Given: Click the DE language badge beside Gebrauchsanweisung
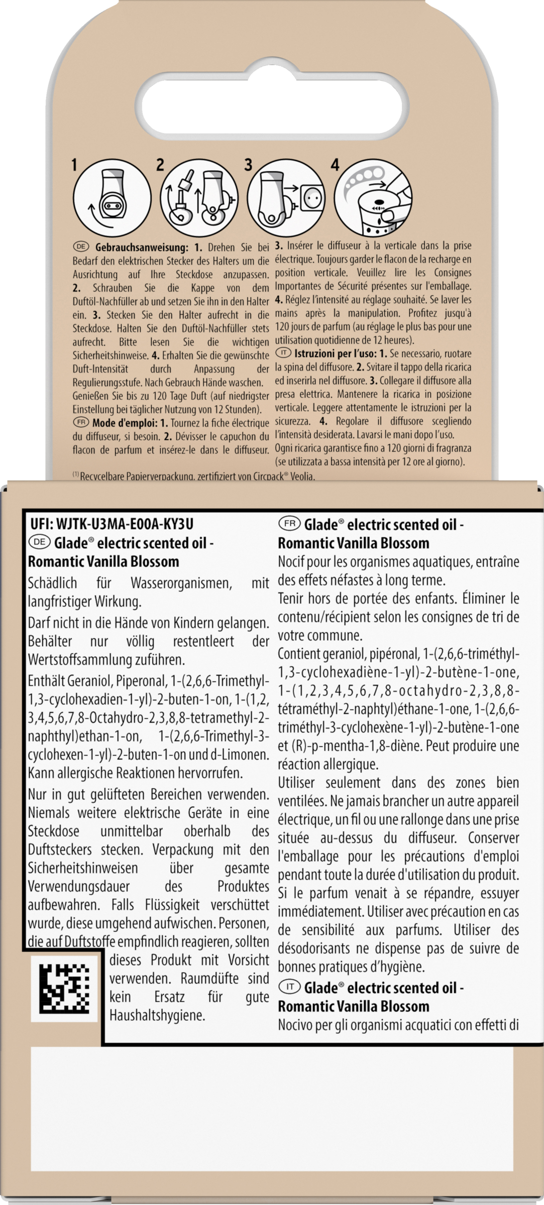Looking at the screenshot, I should coord(80,247).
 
